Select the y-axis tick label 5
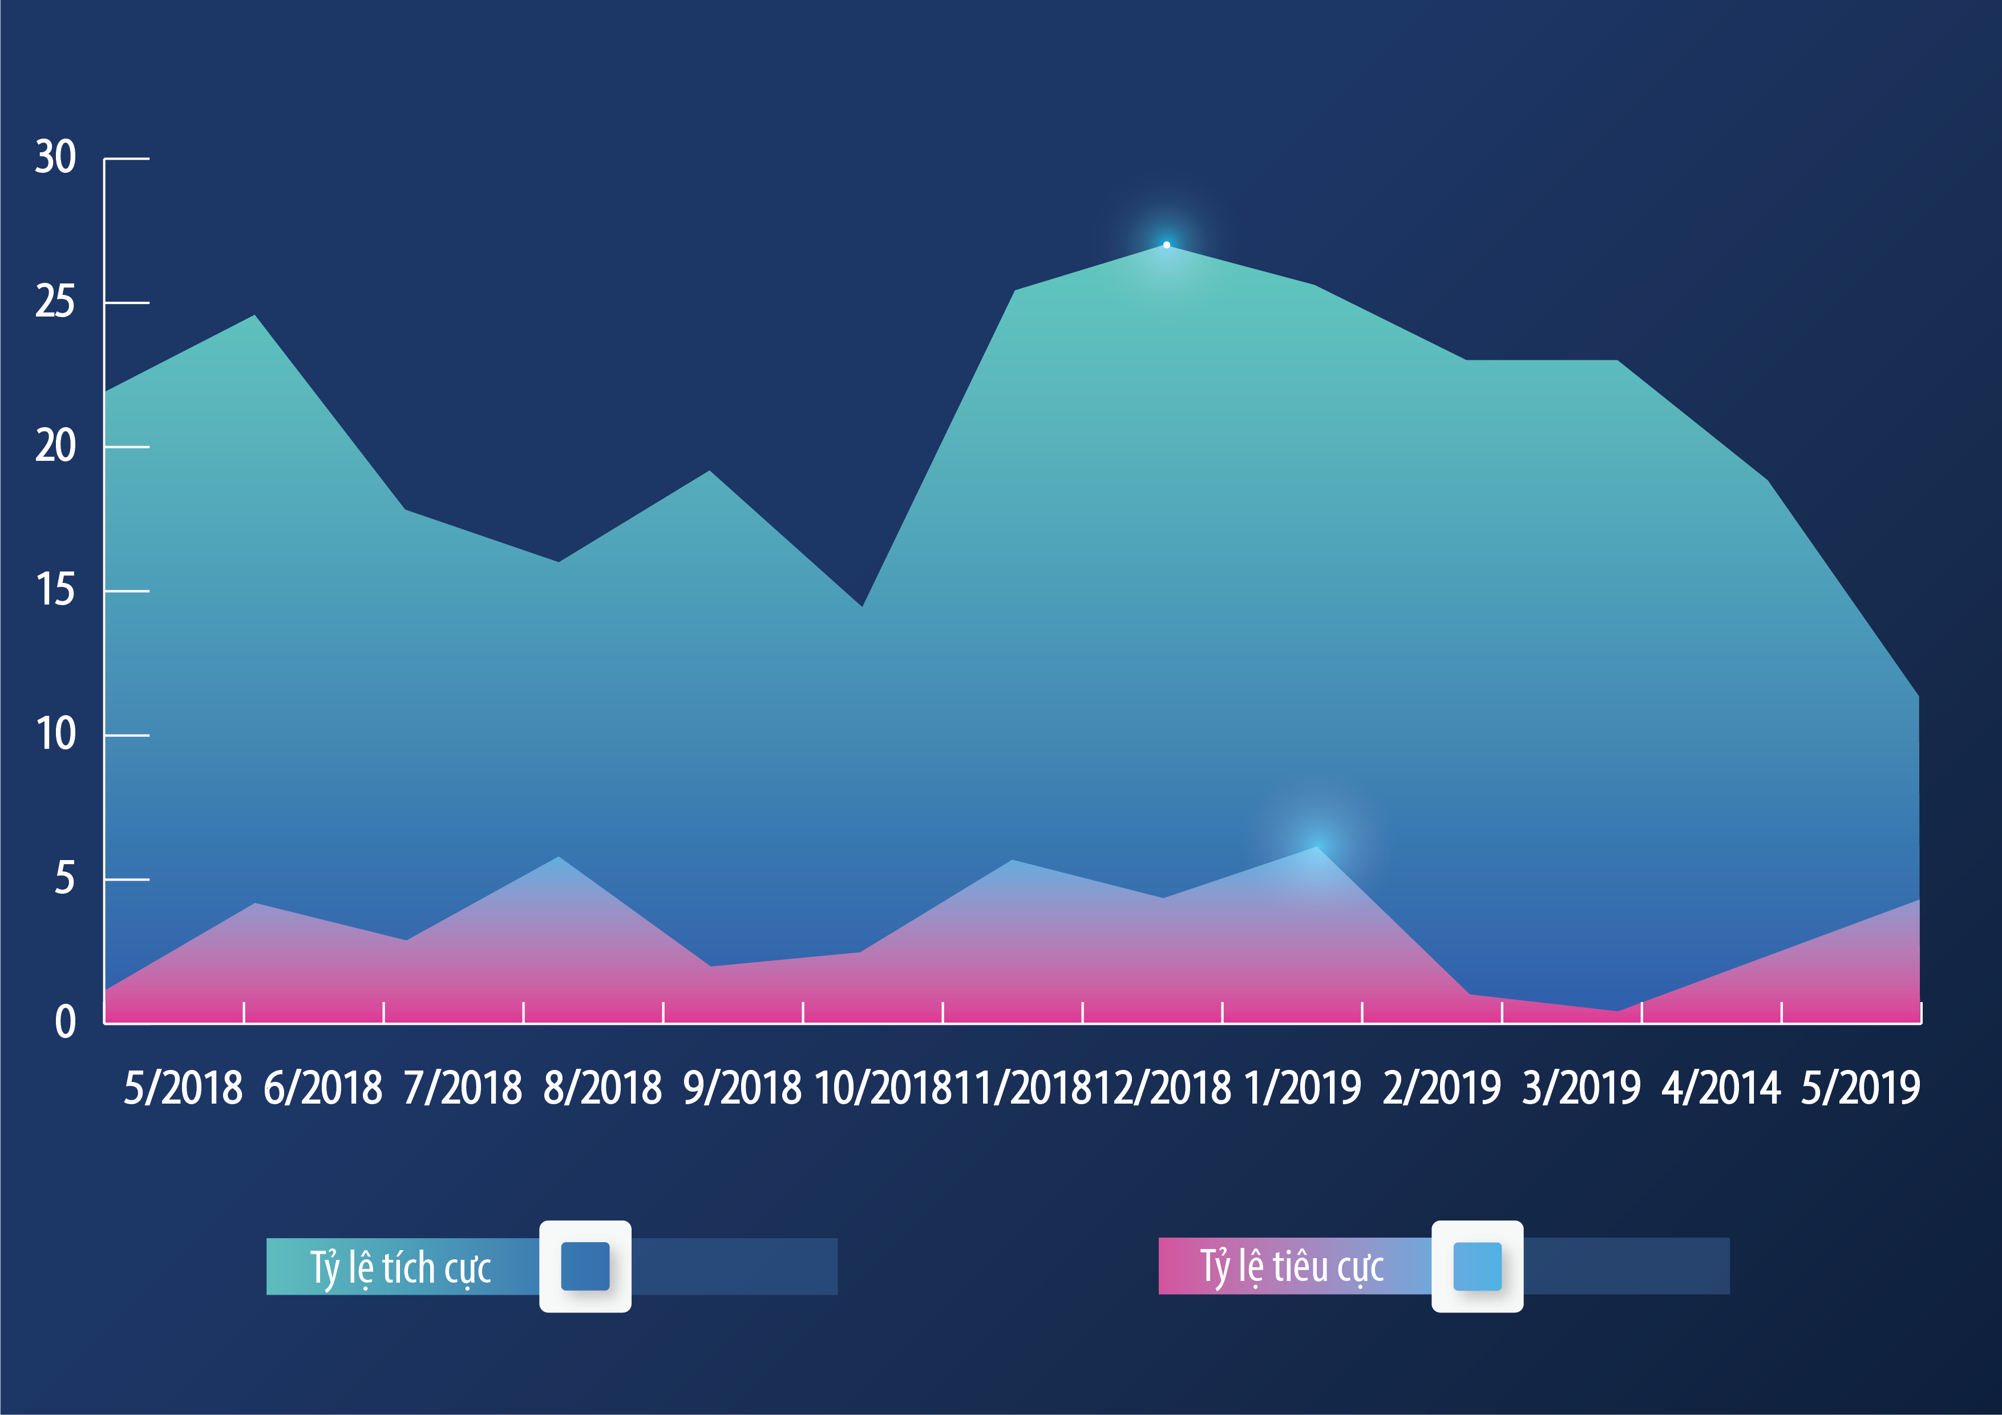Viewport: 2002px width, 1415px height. [x=64, y=879]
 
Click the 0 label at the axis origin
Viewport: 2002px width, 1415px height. [x=66, y=1022]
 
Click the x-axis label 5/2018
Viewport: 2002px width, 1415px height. [x=183, y=1088]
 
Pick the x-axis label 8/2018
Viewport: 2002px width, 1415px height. [x=602, y=1088]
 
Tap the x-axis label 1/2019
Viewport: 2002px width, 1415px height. [x=1302, y=1088]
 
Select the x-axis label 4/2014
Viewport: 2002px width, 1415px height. [x=1721, y=1088]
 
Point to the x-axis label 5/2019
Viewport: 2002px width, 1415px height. [x=1861, y=1088]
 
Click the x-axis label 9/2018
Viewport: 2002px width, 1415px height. [x=742, y=1088]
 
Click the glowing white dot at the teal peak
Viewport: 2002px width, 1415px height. [x=1167, y=245]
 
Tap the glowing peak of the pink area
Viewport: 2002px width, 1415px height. [x=1317, y=846]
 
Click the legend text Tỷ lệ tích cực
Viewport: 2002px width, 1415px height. [x=401, y=1267]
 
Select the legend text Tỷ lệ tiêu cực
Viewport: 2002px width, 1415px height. [x=1292, y=1266]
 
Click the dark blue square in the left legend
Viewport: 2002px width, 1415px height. [x=585, y=1266]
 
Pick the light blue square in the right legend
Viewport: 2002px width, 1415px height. [x=1477, y=1266]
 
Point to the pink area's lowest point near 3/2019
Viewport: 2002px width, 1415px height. [x=1617, y=1011]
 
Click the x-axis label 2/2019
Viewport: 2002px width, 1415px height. [x=1442, y=1088]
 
